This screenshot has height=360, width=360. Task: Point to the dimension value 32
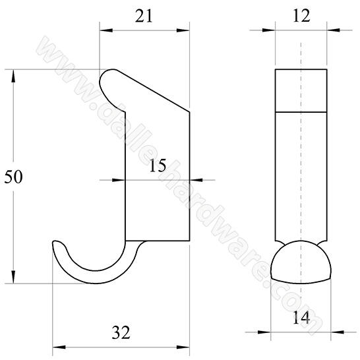121,332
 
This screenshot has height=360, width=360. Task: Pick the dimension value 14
300,317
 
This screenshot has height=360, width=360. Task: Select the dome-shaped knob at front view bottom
301,262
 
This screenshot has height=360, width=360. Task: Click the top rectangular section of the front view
301,89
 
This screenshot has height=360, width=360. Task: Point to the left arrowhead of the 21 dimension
104,30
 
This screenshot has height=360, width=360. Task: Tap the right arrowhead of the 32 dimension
185,345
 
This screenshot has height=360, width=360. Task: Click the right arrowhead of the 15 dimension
196,179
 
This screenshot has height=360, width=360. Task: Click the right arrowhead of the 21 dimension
185,30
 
